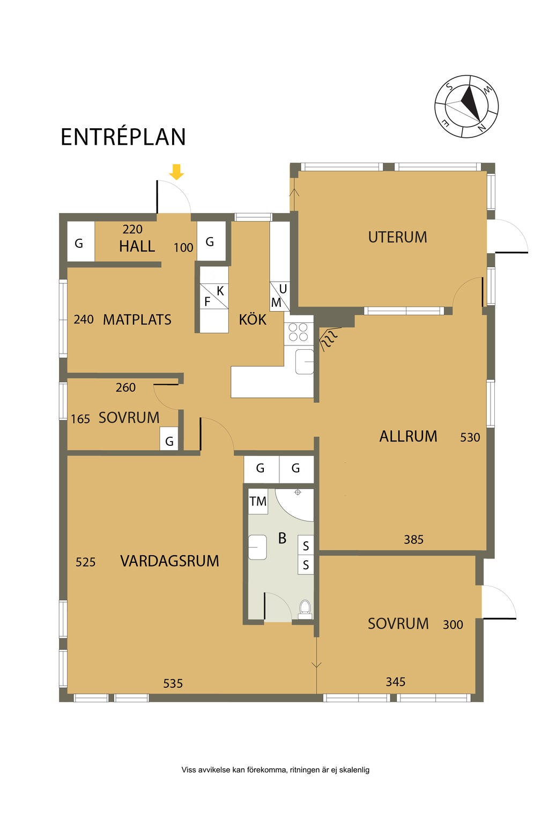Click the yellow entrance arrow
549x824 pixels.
[176, 172]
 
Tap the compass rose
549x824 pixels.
[466, 106]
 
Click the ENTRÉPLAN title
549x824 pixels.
[123, 137]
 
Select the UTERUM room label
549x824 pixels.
[397, 237]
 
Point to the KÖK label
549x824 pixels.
[253, 319]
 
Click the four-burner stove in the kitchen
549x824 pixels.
[298, 332]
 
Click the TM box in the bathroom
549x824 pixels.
[258, 502]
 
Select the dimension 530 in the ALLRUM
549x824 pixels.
[470, 437]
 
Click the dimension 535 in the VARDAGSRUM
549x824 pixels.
[173, 683]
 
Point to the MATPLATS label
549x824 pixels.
[137, 320]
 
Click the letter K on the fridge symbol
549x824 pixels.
[220, 291]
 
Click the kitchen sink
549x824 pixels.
[305, 362]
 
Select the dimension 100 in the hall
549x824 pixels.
[183, 247]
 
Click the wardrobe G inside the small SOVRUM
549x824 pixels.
[169, 439]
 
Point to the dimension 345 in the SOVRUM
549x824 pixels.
[395, 682]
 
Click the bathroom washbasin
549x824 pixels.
[257, 547]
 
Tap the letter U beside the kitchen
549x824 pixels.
[283, 289]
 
